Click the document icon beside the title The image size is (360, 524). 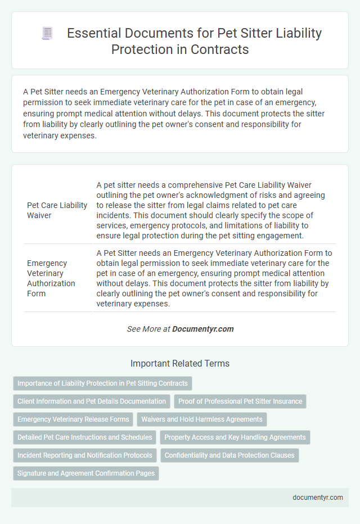[x=47, y=33]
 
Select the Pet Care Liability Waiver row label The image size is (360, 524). [x=57, y=209]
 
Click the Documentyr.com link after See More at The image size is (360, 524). [x=203, y=329]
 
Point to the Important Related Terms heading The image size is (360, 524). [x=180, y=364]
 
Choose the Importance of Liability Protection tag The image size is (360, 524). [x=102, y=383]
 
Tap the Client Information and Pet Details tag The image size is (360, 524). [x=92, y=401]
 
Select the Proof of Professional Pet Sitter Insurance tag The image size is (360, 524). [x=240, y=401]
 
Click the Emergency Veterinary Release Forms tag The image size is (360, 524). [x=73, y=419]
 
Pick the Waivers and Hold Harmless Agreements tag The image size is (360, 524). [x=202, y=419]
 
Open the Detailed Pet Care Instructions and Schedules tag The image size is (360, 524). [x=85, y=437]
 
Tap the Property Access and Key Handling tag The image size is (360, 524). [x=235, y=437]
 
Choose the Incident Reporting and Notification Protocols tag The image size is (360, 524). [x=85, y=455]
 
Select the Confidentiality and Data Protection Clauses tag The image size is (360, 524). [x=229, y=455]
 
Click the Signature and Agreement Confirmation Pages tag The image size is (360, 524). [x=86, y=473]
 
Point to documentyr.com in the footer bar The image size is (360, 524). [x=318, y=498]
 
